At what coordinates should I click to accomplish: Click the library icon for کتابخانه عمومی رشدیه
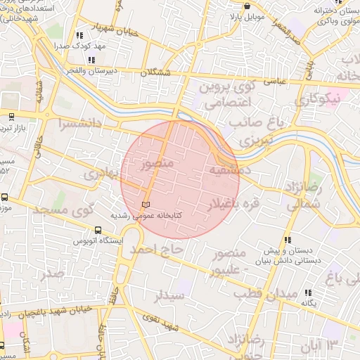(146, 205)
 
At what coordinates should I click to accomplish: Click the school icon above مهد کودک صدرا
(79, 34)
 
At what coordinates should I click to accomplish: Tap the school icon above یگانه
(308, 292)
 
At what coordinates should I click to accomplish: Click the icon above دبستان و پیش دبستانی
(288, 240)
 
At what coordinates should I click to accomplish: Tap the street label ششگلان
(156, 72)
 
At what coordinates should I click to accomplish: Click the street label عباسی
(274, 81)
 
